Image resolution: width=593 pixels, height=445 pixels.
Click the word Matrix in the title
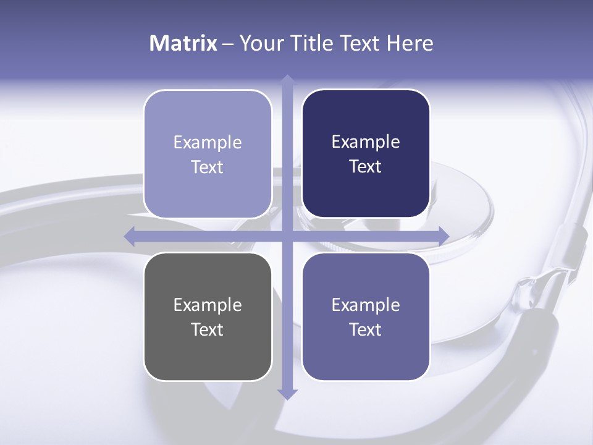click(183, 43)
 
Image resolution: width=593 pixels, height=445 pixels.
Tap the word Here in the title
click(410, 43)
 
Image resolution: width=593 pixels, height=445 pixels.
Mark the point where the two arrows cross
click(287, 235)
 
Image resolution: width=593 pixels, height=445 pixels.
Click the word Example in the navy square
click(366, 142)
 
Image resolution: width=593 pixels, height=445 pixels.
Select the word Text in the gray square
click(208, 329)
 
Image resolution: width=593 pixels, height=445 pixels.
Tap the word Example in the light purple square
click(208, 143)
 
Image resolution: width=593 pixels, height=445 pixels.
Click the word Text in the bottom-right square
click(366, 329)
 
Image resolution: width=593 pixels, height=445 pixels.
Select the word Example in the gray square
click(208, 305)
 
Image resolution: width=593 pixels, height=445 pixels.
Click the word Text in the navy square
click(366, 167)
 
